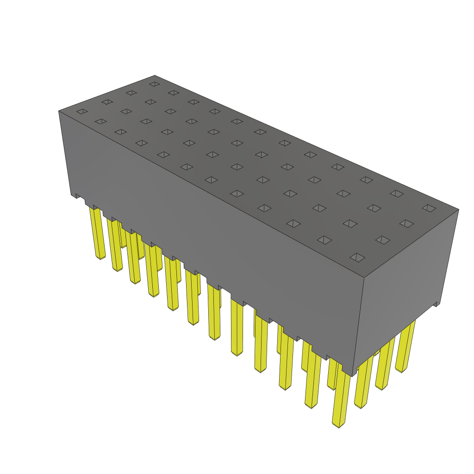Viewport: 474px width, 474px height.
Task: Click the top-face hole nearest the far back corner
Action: coord(155,84)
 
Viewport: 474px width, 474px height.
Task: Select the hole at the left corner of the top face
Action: coord(82,112)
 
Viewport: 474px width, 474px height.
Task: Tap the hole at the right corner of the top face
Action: coord(429,208)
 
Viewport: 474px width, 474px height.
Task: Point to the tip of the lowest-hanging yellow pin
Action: coord(339,423)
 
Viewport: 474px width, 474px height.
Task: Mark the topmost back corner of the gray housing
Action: coord(155,75)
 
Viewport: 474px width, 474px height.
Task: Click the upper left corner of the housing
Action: coord(59,111)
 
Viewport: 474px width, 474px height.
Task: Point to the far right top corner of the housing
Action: coord(458,209)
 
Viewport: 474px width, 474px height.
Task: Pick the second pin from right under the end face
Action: coord(385,366)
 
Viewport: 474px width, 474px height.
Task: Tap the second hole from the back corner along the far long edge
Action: coord(174,93)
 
